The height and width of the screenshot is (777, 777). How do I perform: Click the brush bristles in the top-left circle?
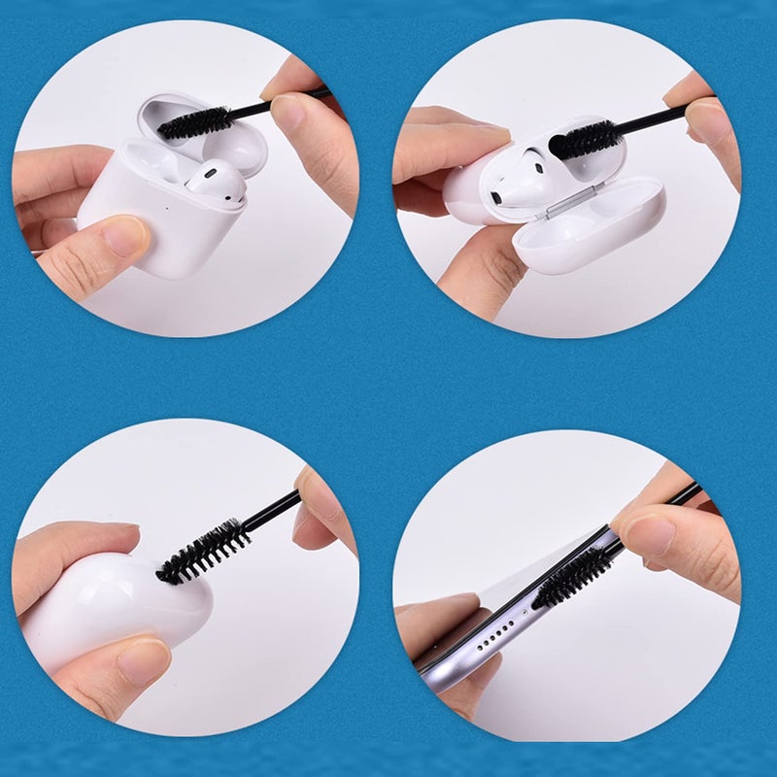pyautogui.click(x=194, y=123)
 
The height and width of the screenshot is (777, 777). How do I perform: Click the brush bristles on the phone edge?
pyautogui.click(x=573, y=578)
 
